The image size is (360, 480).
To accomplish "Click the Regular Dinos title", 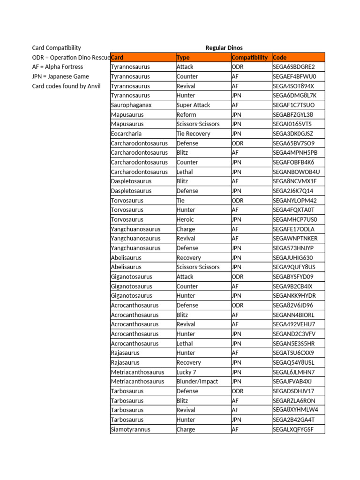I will (224, 48).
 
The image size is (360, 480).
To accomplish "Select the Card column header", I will (118, 58).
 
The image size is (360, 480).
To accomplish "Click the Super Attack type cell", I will (193, 105).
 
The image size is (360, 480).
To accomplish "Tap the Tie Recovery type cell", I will (193, 134).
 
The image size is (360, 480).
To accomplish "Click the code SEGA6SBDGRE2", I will (293, 67).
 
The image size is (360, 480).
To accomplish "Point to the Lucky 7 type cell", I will (187, 372).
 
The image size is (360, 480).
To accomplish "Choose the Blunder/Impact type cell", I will (197, 382).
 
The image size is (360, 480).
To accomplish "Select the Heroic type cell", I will (185, 219).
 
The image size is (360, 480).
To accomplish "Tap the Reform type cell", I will (186, 114).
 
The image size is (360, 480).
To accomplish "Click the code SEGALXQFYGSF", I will (293, 429).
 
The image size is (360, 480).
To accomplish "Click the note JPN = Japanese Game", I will (60, 76).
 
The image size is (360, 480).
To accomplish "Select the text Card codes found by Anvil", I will (66, 86).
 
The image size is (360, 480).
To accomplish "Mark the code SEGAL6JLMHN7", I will (293, 372).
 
